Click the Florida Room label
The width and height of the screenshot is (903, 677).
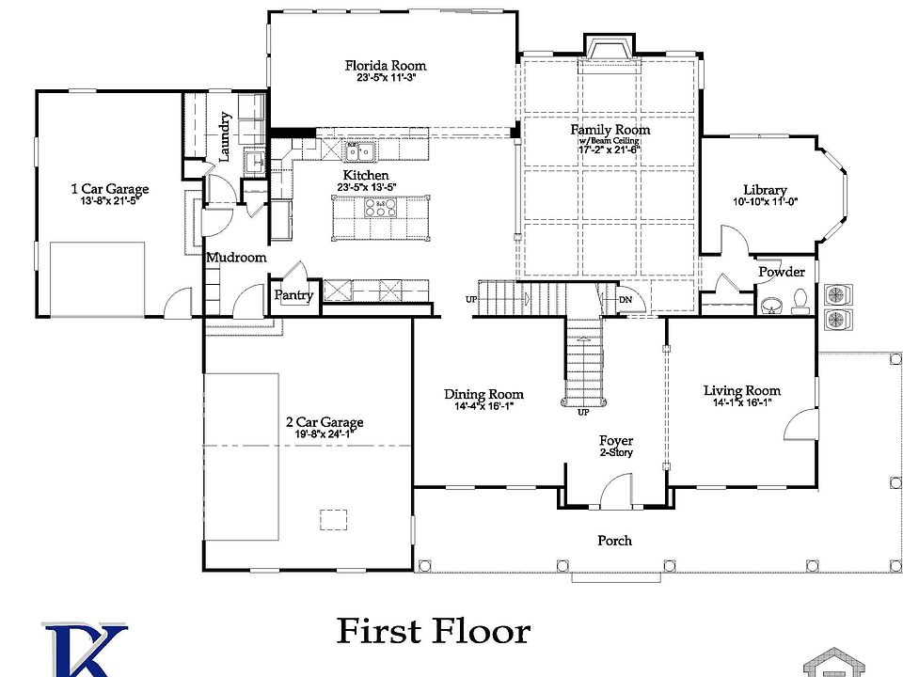[385, 66]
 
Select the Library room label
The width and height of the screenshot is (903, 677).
[765, 190]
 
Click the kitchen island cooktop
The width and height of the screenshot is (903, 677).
[382, 207]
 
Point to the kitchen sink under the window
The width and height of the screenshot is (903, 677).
[358, 150]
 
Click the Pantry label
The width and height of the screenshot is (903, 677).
[293, 295]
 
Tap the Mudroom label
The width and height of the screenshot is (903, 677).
[236, 257]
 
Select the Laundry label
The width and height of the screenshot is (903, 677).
[225, 136]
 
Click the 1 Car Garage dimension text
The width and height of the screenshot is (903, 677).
[110, 201]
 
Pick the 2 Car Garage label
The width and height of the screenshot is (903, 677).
[324, 422]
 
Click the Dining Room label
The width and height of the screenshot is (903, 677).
[483, 394]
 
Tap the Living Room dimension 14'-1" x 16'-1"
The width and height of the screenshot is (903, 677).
[742, 402]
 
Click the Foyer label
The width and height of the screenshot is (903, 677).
[616, 440]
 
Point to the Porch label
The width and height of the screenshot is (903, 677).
[614, 541]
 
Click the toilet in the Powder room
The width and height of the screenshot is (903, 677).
[800, 300]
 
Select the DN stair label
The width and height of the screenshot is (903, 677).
[626, 301]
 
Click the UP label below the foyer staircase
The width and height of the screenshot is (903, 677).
[583, 412]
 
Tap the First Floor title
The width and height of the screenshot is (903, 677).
[433, 631]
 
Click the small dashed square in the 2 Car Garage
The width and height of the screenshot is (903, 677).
[333, 519]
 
